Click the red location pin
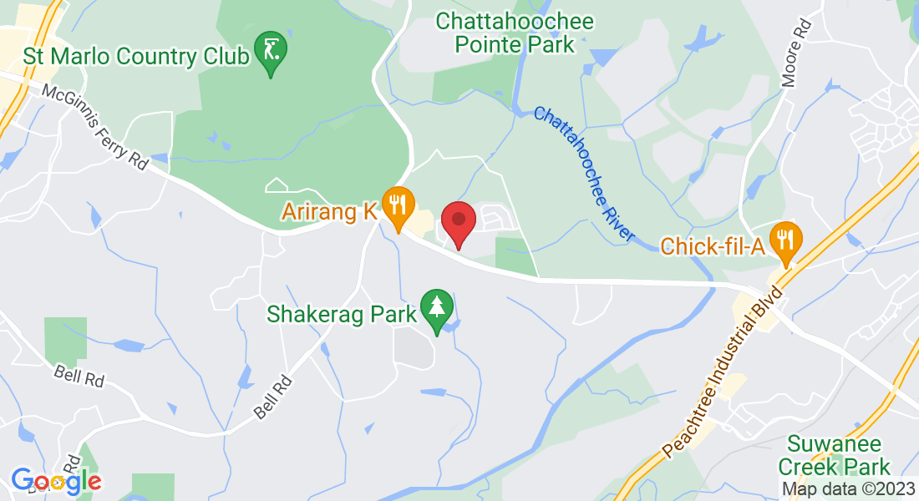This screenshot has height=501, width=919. [458, 220]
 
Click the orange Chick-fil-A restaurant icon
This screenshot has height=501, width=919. [785, 240]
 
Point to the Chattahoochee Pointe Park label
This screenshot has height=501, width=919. [515, 32]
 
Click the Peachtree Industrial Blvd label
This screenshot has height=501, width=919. [724, 372]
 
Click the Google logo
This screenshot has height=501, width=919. [56, 481]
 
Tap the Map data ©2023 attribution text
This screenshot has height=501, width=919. [847, 489]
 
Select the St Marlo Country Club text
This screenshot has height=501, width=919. [137, 57]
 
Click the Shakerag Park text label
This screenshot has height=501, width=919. [341, 314]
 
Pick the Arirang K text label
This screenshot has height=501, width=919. [328, 212]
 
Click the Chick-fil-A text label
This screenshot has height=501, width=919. [713, 246]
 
